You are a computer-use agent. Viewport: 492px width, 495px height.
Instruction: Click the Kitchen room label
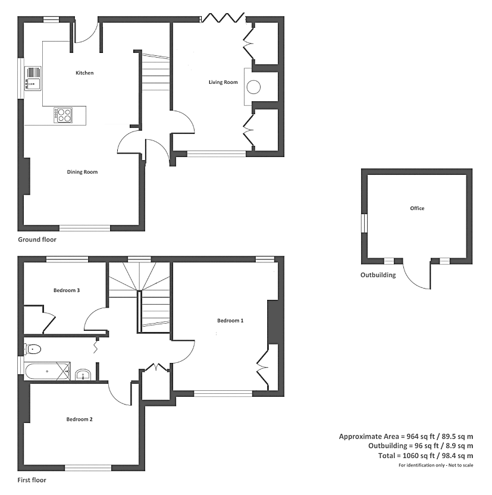(x=84, y=73)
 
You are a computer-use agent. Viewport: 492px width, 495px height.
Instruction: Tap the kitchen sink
(x=33, y=79)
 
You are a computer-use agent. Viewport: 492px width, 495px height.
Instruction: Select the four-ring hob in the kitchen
(x=63, y=115)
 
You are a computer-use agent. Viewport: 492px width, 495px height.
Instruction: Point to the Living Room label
(x=223, y=82)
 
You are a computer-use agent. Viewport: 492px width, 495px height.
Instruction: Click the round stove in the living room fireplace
(x=253, y=87)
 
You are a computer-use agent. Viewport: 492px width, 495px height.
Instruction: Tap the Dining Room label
(x=82, y=172)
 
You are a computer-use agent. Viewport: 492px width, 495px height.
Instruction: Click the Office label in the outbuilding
(x=417, y=208)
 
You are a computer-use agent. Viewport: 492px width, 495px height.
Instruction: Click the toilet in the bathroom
(x=33, y=349)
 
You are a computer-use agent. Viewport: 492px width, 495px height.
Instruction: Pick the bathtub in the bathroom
(x=47, y=372)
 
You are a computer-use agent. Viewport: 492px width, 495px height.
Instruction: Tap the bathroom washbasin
(x=83, y=375)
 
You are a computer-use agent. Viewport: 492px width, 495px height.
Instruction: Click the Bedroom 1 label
(x=230, y=321)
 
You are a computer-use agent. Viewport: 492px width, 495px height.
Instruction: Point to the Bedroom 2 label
(x=79, y=419)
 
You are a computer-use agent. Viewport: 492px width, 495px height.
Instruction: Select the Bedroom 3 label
(x=67, y=290)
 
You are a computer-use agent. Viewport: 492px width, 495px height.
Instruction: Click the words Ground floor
(x=37, y=240)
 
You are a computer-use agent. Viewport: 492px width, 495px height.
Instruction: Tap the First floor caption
(x=32, y=480)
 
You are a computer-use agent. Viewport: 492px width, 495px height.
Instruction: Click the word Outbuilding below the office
(x=378, y=275)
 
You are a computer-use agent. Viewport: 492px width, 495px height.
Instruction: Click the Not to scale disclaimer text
(x=460, y=465)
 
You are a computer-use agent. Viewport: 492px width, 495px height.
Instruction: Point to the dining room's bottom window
(x=85, y=228)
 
